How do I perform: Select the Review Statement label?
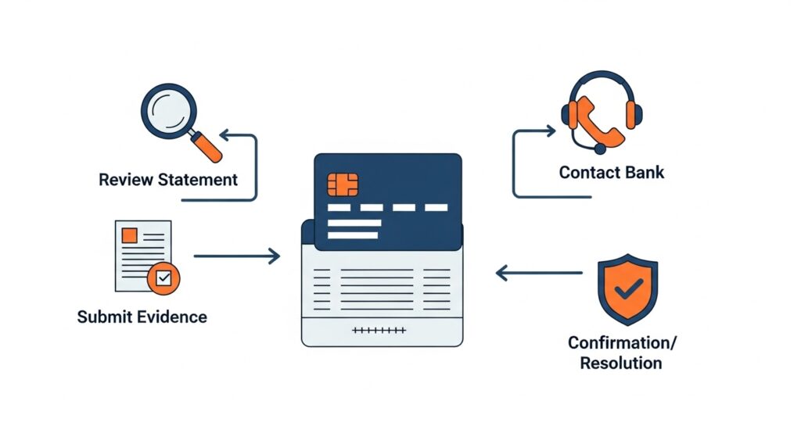pyautogui.click(x=168, y=180)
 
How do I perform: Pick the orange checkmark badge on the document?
pyautogui.click(x=163, y=278)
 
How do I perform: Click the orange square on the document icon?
pyautogui.click(x=130, y=235)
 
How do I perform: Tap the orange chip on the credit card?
pyautogui.click(x=343, y=184)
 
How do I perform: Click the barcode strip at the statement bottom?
pyautogui.click(x=379, y=331)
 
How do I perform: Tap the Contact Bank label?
pyautogui.click(x=611, y=173)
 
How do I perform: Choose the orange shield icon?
pyautogui.click(x=627, y=288)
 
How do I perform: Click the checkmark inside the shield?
pyautogui.click(x=627, y=291)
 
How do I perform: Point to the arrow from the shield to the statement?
pyautogui.click(x=540, y=273)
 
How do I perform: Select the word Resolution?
pyautogui.click(x=621, y=363)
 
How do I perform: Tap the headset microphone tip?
pyautogui.click(x=599, y=148)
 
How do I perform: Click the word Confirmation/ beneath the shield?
pyautogui.click(x=623, y=342)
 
